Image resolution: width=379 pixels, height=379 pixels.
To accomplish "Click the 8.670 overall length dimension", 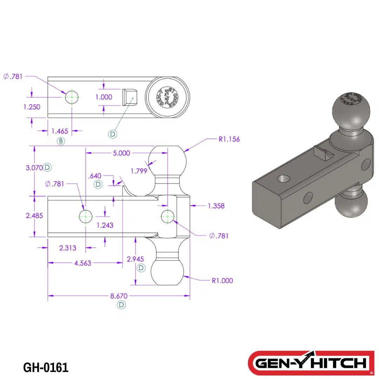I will point(119,296).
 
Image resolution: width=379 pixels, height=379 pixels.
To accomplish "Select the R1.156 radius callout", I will point(229,139).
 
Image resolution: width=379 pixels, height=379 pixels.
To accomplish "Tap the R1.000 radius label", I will point(222,280).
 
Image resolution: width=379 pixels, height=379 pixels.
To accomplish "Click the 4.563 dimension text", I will point(82,263).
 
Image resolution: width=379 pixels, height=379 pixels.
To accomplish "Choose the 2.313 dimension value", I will point(68,248).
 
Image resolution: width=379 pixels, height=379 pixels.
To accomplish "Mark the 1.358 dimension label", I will point(216,206).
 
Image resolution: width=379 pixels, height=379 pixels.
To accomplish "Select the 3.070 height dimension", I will point(34,168).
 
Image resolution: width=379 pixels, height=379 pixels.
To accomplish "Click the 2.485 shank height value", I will point(34,216).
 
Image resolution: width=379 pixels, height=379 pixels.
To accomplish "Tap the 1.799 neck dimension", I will point(139,171).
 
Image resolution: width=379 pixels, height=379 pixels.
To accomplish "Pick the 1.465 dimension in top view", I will point(60,131).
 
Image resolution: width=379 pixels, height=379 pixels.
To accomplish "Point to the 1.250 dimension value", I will point(32,107).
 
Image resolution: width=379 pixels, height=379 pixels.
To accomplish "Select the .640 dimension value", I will point(95,176).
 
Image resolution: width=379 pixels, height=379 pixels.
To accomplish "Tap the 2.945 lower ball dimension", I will point(135,259).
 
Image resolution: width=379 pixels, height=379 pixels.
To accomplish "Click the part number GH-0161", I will point(46,367).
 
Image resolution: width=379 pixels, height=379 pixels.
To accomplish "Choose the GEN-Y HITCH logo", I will point(311,363).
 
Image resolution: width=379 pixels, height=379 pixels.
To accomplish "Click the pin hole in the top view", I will point(72,97).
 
